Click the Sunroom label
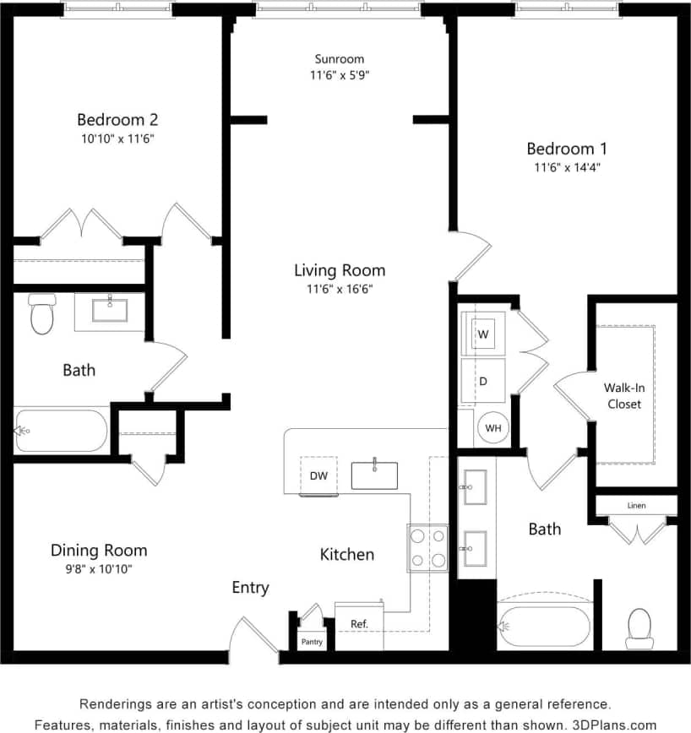coord(340,59)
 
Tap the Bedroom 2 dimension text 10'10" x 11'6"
coord(117,138)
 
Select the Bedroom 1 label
coord(567,149)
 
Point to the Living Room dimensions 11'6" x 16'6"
coord(340,289)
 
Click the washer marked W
coord(483,334)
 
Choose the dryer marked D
coord(483,381)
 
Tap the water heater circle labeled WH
coord(493,428)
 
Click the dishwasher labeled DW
coord(318,476)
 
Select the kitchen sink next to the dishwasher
coord(375,475)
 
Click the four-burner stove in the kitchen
coord(428,547)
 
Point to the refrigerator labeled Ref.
coord(359,624)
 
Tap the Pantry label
coord(312,642)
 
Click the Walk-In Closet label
coord(623,396)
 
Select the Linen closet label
coord(636,506)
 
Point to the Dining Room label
coord(99,551)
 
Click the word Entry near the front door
coord(251,588)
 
